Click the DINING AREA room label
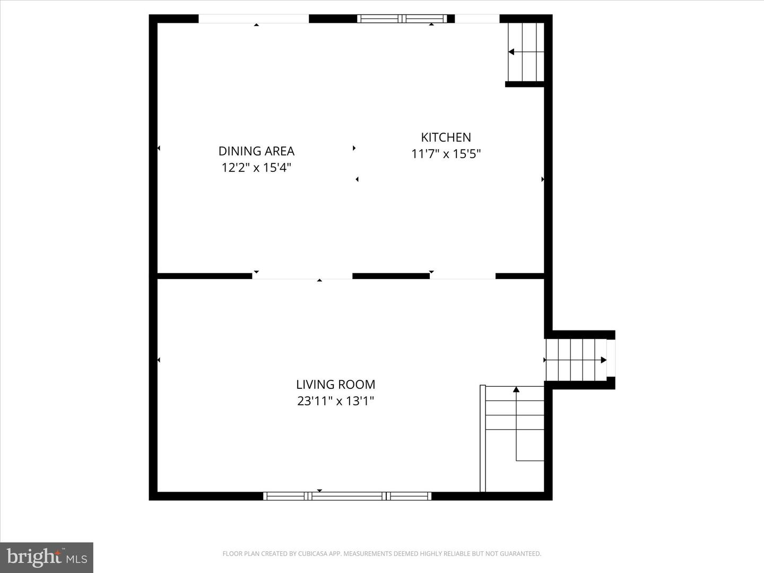pyautogui.click(x=256, y=151)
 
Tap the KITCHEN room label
pyautogui.click(x=446, y=137)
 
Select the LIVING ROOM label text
pyautogui.click(x=335, y=385)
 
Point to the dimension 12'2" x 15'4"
pyautogui.click(x=256, y=168)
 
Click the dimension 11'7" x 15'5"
pyautogui.click(x=446, y=154)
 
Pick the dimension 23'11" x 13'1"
pyautogui.click(x=335, y=401)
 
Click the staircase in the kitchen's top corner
pyautogui.click(x=526, y=52)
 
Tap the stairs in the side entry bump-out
pyautogui.click(x=576, y=360)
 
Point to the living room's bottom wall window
pyautogui.click(x=347, y=496)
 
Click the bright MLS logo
pyautogui.click(x=47, y=557)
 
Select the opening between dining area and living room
pyautogui.click(x=302, y=276)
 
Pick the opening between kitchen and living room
pyautogui.click(x=462, y=276)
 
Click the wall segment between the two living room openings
pyautogui.click(x=391, y=276)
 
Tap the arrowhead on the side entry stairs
pyautogui.click(x=603, y=360)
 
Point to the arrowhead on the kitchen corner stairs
pyautogui.click(x=511, y=52)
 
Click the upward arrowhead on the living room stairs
pyautogui.click(x=516, y=390)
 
